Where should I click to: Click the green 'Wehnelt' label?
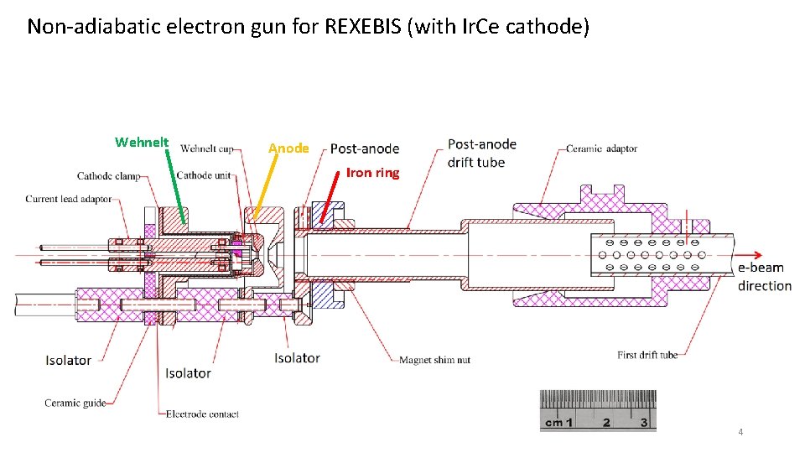pos(142,143)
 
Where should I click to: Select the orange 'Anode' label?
pos(288,148)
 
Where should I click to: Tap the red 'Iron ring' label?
pos(372,174)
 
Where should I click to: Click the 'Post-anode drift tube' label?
pos(481,153)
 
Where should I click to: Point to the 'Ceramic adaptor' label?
pos(601,148)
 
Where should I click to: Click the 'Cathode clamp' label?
pos(108,176)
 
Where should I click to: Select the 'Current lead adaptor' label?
pos(68,199)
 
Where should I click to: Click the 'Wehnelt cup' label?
pos(207,149)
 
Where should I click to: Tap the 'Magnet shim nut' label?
pos(434,360)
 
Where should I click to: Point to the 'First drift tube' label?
pos(647,355)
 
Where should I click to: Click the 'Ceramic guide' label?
pos(75,403)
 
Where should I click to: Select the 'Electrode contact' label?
pos(202,414)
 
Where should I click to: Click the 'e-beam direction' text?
pos(764,277)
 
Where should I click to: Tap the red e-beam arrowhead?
pos(757,256)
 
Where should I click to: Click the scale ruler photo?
pos(598,410)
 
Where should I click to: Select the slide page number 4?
pos(740,432)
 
